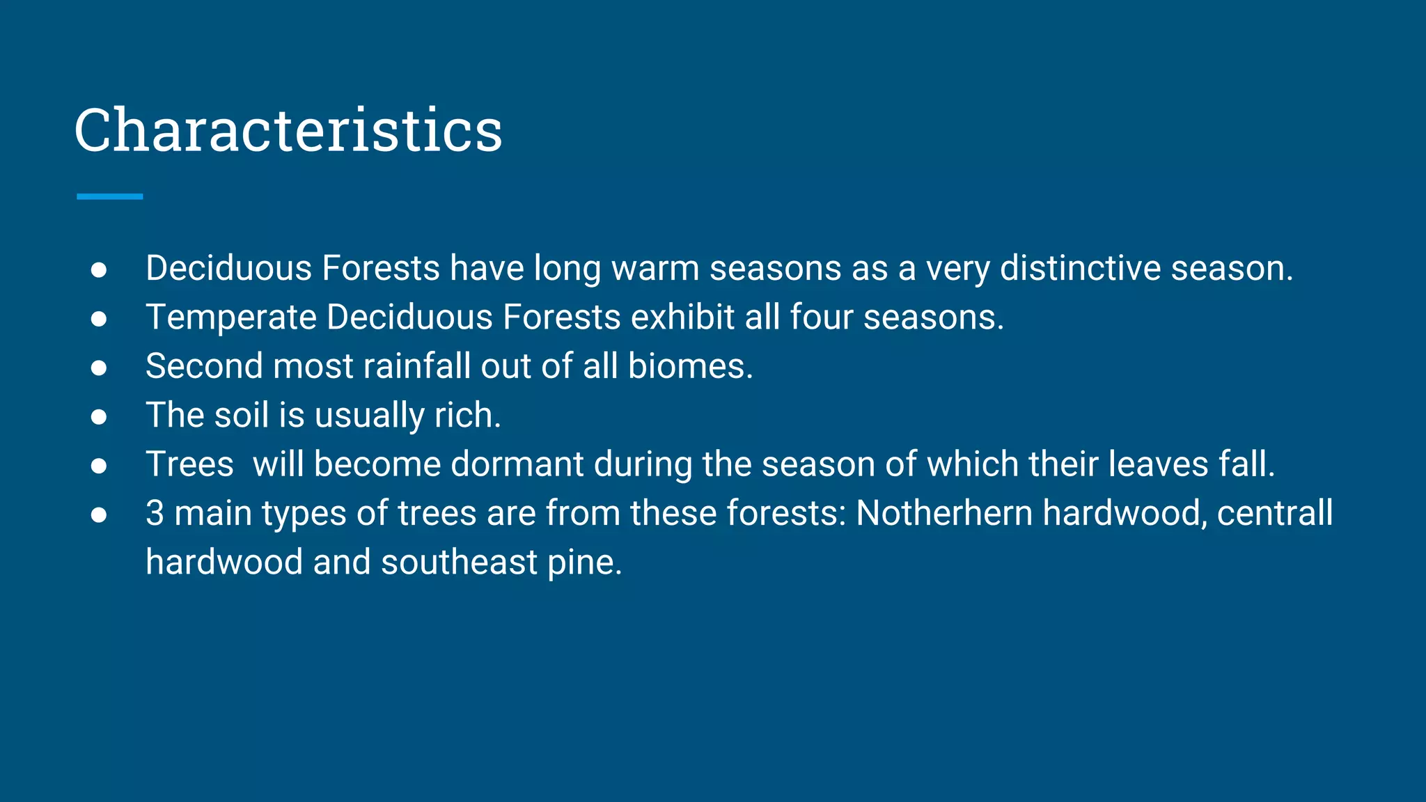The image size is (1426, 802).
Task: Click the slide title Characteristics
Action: (288, 130)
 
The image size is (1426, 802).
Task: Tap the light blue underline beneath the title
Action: (109, 197)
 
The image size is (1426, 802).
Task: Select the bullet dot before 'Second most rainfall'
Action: (99, 368)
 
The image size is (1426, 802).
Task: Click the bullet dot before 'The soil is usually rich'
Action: (99, 416)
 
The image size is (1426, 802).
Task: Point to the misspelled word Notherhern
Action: (943, 513)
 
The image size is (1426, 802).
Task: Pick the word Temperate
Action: (231, 317)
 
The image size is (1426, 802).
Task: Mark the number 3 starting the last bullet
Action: (155, 513)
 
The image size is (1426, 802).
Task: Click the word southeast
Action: (459, 562)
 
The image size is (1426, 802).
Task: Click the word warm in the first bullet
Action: (655, 268)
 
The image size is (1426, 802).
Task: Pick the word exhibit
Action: (682, 317)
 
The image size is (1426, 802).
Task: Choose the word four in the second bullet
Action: (821, 317)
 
